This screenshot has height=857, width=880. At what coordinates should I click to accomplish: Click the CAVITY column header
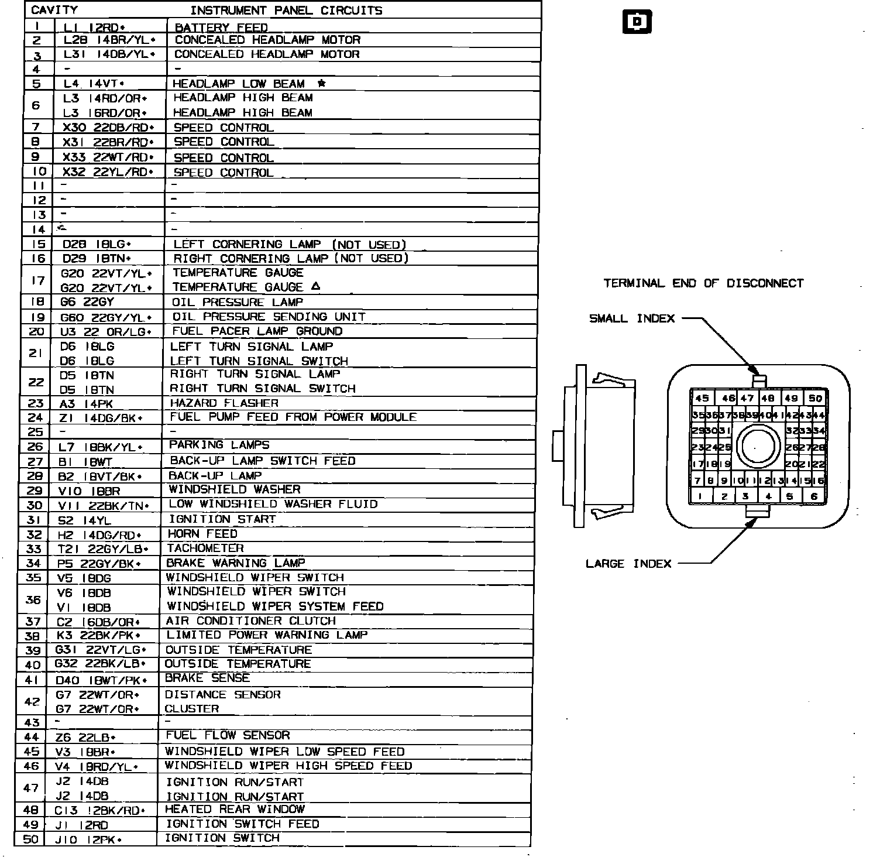tap(54, 10)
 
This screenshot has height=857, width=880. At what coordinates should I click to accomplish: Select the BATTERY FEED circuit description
tap(221, 27)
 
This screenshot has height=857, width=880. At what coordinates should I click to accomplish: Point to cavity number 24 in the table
tap(36, 417)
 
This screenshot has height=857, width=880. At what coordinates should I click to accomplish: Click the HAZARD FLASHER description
tap(224, 403)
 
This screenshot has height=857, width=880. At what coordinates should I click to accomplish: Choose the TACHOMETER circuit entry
tap(205, 548)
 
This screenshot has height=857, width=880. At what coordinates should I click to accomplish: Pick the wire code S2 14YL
tap(84, 520)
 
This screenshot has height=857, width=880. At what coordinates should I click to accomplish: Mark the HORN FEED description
tap(202, 533)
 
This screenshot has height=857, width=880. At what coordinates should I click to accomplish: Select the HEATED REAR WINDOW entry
tap(235, 809)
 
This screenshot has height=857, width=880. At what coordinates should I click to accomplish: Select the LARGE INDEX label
tap(628, 564)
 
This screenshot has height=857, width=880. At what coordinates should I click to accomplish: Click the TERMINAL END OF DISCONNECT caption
tap(703, 283)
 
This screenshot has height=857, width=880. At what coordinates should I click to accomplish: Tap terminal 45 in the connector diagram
tap(702, 398)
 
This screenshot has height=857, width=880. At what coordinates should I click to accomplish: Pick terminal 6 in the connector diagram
tap(814, 496)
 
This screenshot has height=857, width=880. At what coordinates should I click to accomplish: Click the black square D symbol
tap(637, 22)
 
